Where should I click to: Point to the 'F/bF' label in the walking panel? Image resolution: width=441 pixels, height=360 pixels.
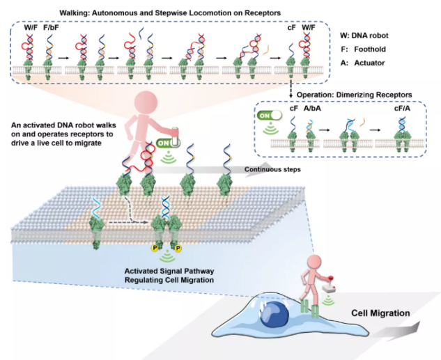[52, 29]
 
